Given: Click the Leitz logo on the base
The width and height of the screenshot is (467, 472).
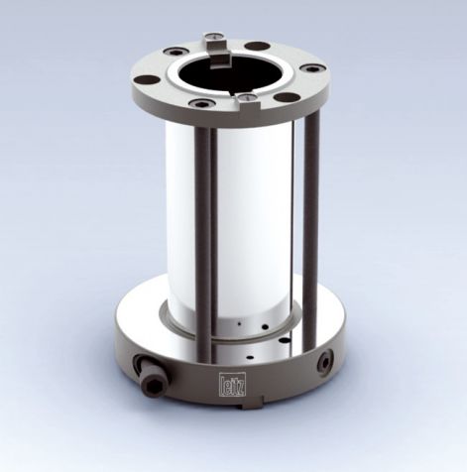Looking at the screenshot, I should coord(229,378).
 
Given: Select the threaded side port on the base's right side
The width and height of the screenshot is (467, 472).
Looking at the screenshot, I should coord(323,364).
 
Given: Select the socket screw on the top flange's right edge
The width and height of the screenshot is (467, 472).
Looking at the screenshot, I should coord(313,68).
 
